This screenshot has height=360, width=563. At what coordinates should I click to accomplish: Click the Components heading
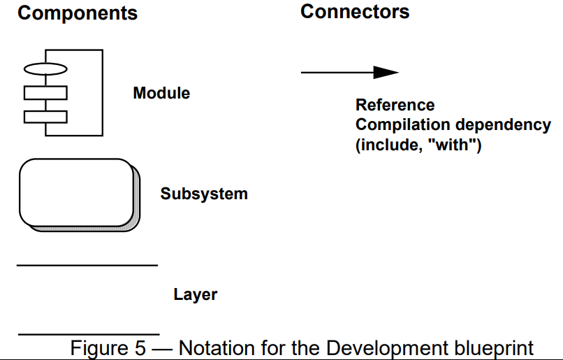78,13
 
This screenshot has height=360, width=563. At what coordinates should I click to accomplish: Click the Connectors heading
355,12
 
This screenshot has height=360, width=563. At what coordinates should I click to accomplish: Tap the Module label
161,93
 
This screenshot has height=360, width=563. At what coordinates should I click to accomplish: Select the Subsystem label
204,194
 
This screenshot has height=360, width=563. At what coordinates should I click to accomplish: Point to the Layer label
195,294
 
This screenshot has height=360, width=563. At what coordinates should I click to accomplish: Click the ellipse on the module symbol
45,69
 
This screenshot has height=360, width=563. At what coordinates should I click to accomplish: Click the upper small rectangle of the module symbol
45,93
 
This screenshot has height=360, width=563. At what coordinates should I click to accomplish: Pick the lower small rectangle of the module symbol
45,116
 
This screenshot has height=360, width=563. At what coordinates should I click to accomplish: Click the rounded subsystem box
75,192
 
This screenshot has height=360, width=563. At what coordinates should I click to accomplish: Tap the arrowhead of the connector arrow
386,72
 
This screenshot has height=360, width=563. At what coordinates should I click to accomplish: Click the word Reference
395,106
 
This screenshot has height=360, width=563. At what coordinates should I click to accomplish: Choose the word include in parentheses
386,147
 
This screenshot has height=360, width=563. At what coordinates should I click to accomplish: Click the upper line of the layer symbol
87,266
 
